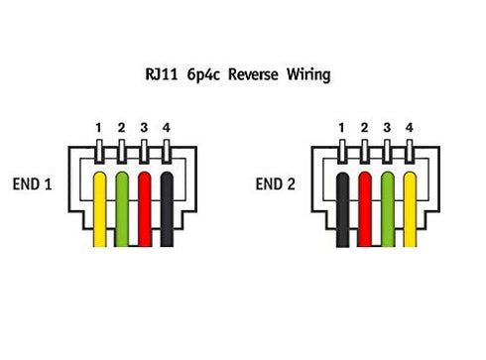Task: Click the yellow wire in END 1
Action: click(99, 209)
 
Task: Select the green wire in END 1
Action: click(122, 209)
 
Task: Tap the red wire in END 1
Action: click(145, 209)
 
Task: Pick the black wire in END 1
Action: click(167, 209)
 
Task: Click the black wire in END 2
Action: click(342, 209)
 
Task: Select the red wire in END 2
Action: click(365, 209)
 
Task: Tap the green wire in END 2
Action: click(388, 209)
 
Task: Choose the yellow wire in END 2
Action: click(410, 209)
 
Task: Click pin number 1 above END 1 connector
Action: click(98, 128)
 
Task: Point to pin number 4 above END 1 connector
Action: click(167, 128)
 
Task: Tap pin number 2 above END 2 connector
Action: click(364, 128)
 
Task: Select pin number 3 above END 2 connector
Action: click(387, 128)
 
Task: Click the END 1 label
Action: click(32, 184)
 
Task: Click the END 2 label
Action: click(275, 184)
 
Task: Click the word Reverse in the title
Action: click(253, 74)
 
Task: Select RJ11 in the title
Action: click(162, 74)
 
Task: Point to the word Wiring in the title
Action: click(308, 75)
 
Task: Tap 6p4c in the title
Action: click(203, 75)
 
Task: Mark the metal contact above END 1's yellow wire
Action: click(99, 152)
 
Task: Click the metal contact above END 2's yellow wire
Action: click(410, 152)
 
